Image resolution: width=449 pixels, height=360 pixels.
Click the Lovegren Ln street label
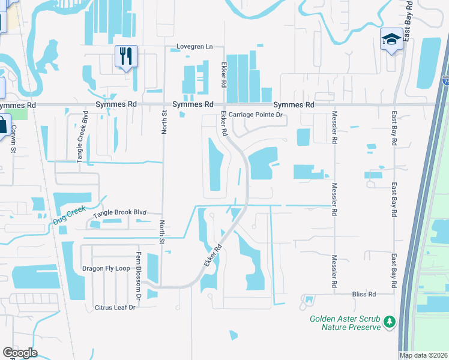pyautogui.click(x=194, y=47)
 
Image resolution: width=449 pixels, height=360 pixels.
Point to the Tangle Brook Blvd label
pyautogui.click(x=119, y=212)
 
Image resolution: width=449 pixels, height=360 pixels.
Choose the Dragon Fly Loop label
pyautogui.click(x=106, y=268)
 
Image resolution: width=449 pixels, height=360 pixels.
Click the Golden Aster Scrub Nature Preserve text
pyautogui.click(x=345, y=323)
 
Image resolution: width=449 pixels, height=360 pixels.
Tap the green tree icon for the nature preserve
pyautogui.click(x=390, y=322)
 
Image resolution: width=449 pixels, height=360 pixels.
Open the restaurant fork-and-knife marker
pyautogui.click(x=126, y=56)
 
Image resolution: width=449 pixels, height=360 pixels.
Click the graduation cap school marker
pyautogui.click(x=391, y=40)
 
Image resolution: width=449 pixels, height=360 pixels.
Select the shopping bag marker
pyautogui.click(x=2, y=127)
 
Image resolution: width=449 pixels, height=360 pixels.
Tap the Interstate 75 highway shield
pyautogui.click(x=445, y=80)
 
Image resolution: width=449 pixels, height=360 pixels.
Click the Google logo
pyautogui.click(x=20, y=353)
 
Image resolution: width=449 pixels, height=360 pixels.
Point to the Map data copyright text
pyautogui.click(x=423, y=355)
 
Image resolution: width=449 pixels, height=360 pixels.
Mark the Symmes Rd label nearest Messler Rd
pyautogui.click(x=294, y=104)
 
